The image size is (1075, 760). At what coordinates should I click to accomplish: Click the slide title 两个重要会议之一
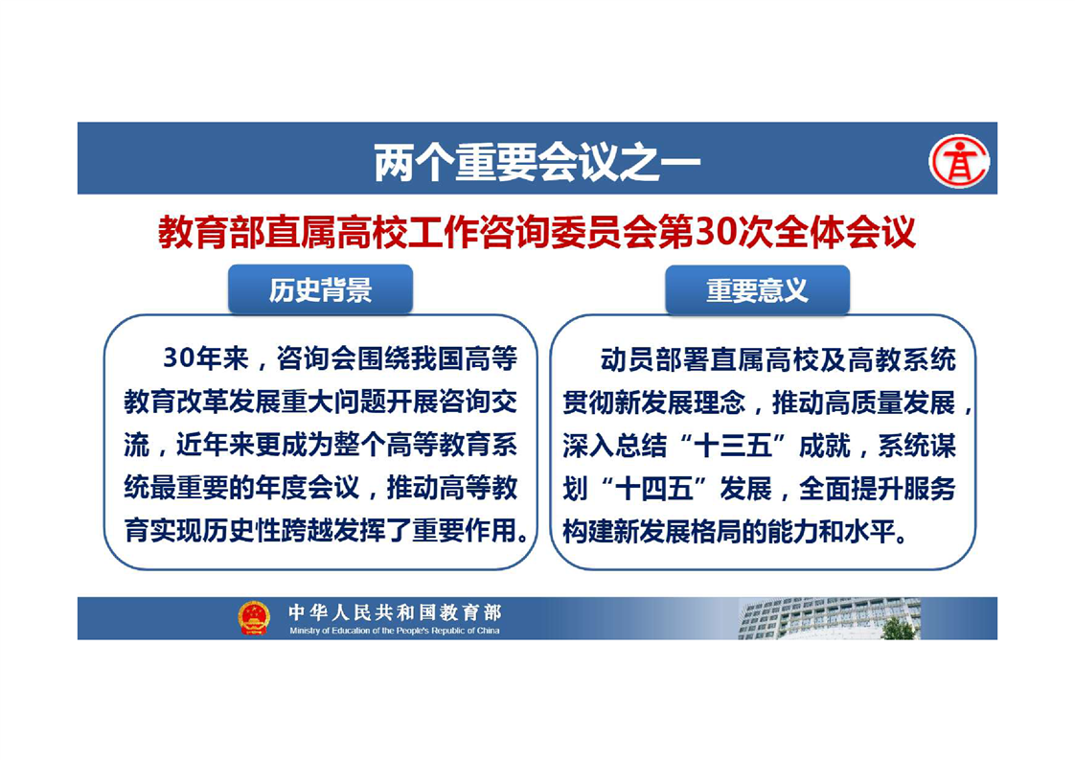click(537, 163)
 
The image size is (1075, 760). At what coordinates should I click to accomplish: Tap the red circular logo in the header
click(958, 161)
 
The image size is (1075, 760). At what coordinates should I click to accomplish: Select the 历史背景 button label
click(320, 290)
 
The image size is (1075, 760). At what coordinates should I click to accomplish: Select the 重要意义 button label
click(758, 290)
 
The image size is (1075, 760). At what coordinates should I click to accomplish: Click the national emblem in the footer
click(254, 617)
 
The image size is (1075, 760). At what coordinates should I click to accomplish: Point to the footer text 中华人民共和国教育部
click(395, 611)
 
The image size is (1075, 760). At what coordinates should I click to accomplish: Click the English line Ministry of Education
click(395, 631)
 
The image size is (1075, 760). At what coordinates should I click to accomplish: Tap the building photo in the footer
click(830, 618)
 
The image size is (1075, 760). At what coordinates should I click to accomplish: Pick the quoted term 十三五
click(733, 446)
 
